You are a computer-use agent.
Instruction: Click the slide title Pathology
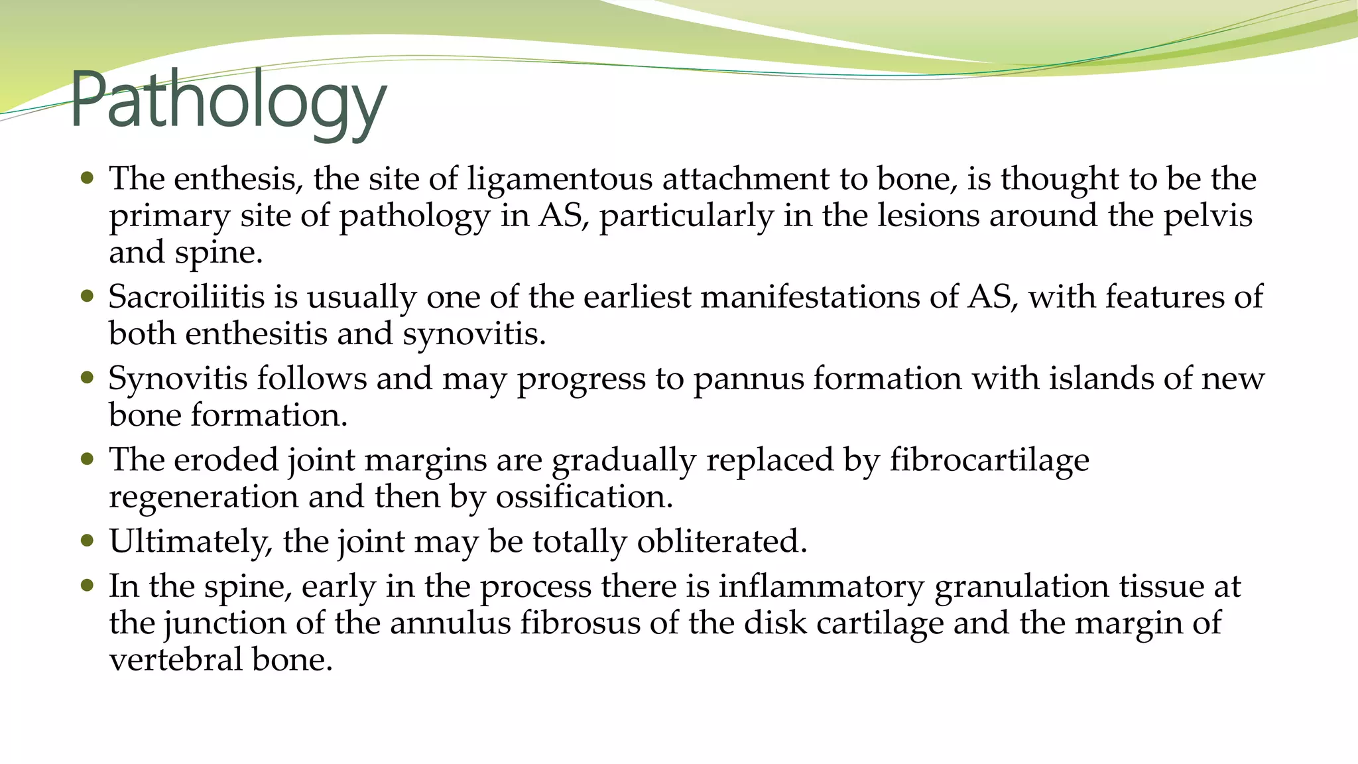pos(227,101)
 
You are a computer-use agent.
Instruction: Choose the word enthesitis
pos(256,333)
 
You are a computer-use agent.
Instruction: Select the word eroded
pos(225,460)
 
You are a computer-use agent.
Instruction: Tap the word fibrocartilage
pos(989,460)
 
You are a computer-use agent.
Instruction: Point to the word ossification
pos(584,497)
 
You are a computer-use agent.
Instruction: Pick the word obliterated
pos(721,541)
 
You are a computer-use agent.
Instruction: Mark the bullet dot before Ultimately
pos(87,540)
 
